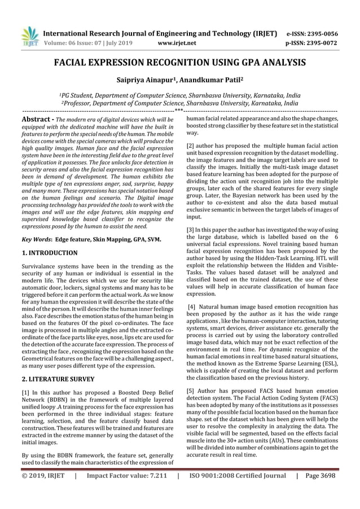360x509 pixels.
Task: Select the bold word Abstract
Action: click(37, 120)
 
